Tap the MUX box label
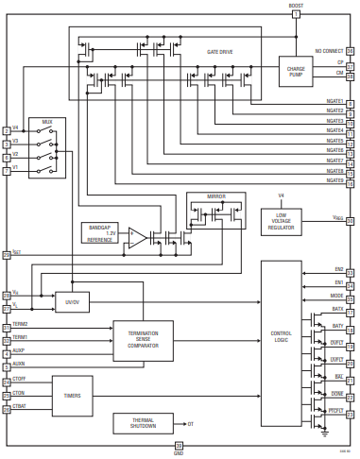tap(46, 122)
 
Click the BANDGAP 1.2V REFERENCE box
tap(99, 232)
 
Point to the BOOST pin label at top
tap(296, 6)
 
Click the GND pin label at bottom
tap(179, 453)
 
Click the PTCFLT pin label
tap(335, 409)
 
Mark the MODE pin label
tap(337, 295)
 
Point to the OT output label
tap(192, 424)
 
